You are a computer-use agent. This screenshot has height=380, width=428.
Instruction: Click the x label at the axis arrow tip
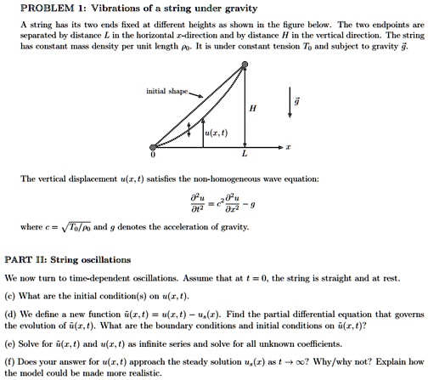(x=288, y=147)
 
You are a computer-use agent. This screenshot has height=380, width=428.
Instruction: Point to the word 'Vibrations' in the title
(x=117, y=9)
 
